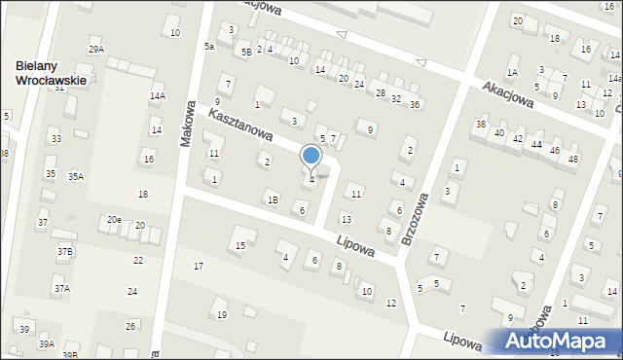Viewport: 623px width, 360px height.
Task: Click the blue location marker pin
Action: tap(311, 156)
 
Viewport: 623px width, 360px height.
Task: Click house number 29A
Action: tap(95, 49)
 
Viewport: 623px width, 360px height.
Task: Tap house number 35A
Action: tap(75, 176)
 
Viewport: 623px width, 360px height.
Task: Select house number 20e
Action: tap(114, 220)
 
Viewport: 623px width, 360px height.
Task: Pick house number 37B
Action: tap(64, 251)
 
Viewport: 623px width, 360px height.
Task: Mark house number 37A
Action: tap(61, 288)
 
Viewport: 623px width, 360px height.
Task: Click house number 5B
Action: tap(246, 52)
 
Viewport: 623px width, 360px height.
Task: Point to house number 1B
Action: tap(273, 199)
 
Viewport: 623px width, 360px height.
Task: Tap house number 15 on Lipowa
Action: tap(240, 244)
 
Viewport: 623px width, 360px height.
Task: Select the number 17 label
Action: tap(199, 266)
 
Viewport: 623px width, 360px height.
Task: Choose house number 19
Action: tap(221, 314)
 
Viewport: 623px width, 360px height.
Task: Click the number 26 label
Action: tap(130, 326)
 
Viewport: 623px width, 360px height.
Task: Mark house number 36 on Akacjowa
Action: tap(415, 103)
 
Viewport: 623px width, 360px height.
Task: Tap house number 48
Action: tap(573, 159)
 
